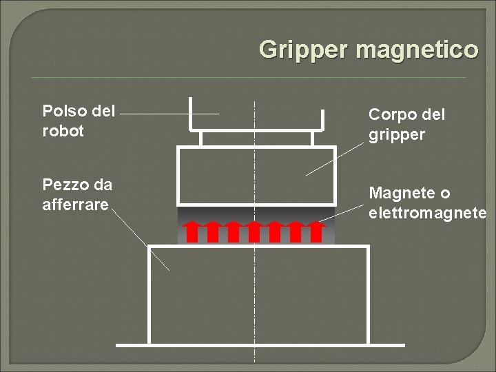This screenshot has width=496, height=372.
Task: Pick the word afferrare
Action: (75, 205)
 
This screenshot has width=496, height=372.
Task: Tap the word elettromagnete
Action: (427, 213)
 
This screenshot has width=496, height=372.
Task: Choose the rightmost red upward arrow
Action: (316, 231)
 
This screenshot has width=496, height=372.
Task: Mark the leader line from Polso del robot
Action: (169, 114)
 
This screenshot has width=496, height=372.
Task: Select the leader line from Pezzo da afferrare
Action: (141, 238)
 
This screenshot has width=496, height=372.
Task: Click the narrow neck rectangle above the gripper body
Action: (227, 138)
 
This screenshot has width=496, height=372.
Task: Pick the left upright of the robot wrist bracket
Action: (190, 114)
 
